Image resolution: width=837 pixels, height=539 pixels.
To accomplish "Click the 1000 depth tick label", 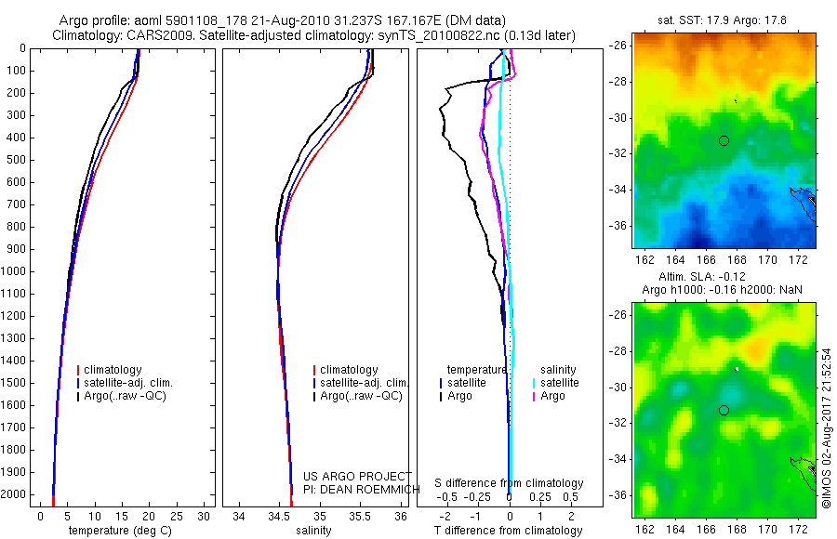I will click(x=16, y=271).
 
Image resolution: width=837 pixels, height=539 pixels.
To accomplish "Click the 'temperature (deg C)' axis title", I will click(x=116, y=531).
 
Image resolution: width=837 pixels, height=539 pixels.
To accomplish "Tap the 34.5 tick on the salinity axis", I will click(x=279, y=515).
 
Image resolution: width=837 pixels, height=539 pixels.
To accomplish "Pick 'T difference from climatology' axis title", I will click(x=509, y=531).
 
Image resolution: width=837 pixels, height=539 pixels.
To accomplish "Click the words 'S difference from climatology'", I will click(x=509, y=483).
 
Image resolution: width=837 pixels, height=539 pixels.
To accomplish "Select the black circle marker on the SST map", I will click(x=724, y=140).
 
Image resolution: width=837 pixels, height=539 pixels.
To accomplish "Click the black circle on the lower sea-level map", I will click(x=724, y=410).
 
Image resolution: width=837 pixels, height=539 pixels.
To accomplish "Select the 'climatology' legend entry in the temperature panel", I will click(x=113, y=370).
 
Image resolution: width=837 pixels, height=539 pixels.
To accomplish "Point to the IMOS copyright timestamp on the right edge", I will click(x=825, y=427).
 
